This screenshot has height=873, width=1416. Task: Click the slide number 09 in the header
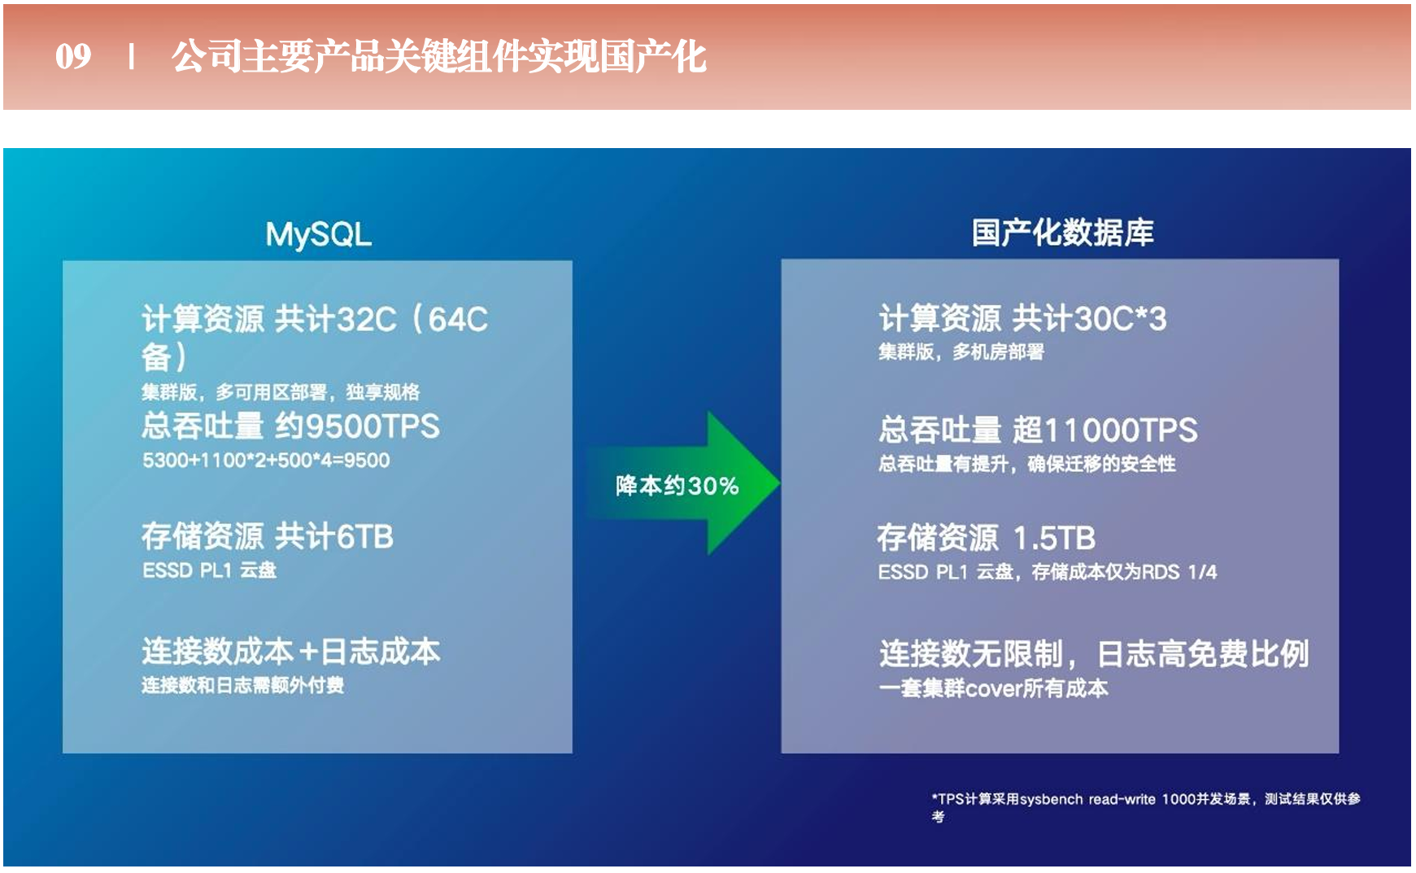pos(73,56)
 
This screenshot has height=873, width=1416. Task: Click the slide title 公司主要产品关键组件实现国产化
pos(438,56)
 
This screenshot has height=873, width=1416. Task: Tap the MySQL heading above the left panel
pos(319,234)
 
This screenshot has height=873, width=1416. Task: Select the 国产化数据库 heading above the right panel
pos(1062,233)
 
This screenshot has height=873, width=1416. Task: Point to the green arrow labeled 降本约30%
pos(683,483)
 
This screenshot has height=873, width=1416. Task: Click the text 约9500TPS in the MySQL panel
pos(357,426)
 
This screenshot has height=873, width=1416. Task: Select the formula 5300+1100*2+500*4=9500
pos(266,461)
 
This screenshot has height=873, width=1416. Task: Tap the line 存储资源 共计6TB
pos(268,536)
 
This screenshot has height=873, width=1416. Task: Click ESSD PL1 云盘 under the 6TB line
pos(210,570)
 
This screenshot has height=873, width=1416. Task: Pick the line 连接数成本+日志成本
pos(291,651)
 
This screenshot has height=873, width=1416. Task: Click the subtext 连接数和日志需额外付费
pos(242,685)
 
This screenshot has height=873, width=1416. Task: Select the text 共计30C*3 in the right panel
pos(1090,318)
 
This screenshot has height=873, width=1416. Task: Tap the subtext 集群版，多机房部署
pos(961,352)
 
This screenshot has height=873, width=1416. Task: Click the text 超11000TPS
pos(1105,430)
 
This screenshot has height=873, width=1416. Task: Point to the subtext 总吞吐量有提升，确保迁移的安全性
pos(1027,464)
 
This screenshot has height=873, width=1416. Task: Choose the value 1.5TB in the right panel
pos(1054,538)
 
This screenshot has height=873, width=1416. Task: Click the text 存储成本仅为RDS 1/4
pos(1124,572)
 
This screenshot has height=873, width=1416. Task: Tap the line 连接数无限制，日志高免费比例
pos(1094,653)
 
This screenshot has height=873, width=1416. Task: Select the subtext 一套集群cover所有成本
pos(993,688)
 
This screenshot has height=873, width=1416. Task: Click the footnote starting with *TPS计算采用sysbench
pos(1146,807)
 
